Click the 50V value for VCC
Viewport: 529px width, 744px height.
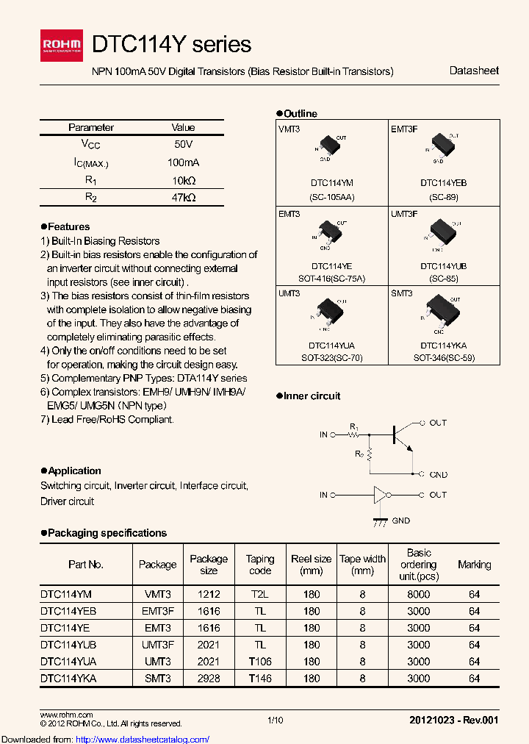[x=183, y=145]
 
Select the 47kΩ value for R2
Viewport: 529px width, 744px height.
[x=183, y=197]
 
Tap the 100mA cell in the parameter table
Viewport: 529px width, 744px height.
[x=183, y=162]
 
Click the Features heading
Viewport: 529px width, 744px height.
[x=68, y=226]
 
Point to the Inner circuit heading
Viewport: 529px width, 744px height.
[x=312, y=396]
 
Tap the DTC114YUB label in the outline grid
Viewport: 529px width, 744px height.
[x=443, y=266]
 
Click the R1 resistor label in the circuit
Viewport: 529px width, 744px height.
[x=353, y=426]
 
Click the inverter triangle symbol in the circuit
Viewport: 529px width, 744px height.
[x=380, y=495]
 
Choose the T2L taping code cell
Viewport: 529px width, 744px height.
[x=259, y=594]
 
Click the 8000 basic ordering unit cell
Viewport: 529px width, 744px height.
[x=419, y=594]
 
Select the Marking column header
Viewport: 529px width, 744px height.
[x=474, y=565]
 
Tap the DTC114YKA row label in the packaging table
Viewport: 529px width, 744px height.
[x=68, y=678]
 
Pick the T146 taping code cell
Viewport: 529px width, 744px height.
[x=259, y=678]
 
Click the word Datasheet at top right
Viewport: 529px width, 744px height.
[x=474, y=71]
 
